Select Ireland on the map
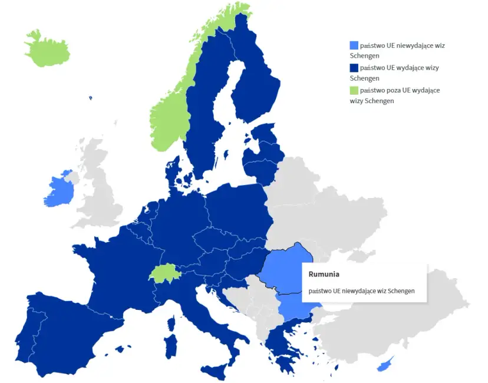tap(59, 190)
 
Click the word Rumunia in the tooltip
tap(324, 274)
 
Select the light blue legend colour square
tap(354, 45)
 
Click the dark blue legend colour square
tap(354, 68)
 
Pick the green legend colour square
tap(354, 90)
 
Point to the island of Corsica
tap(172, 323)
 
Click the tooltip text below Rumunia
tap(361, 290)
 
